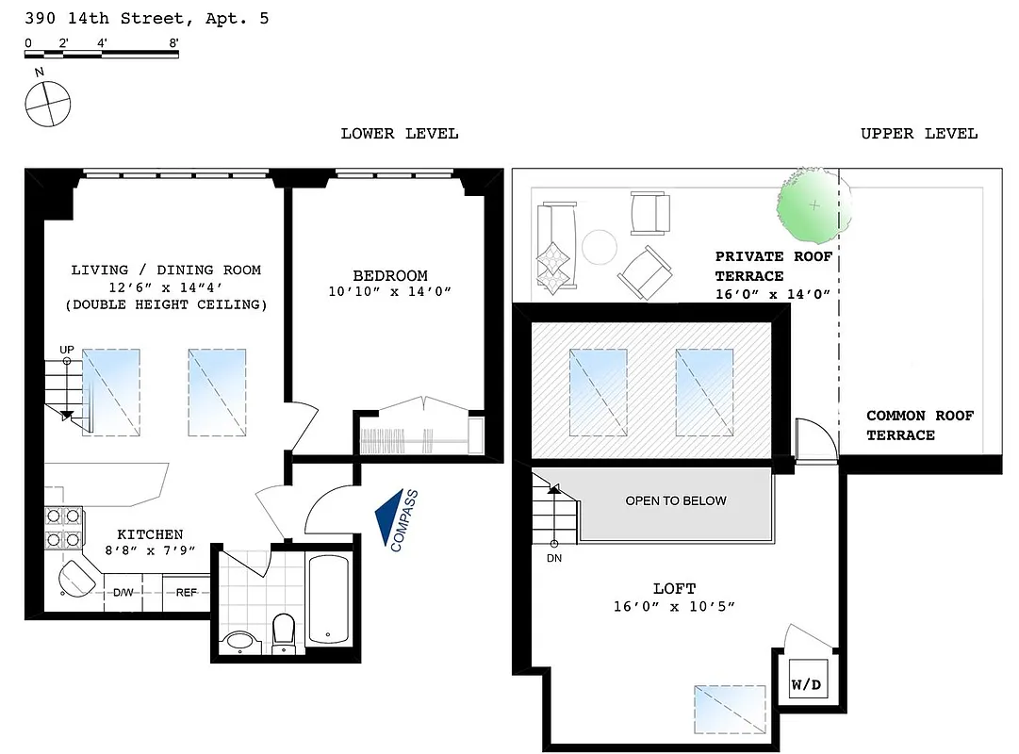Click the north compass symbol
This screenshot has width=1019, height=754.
(x=47, y=103)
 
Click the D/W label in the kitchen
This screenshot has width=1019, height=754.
(x=123, y=593)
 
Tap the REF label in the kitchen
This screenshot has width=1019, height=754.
(x=187, y=593)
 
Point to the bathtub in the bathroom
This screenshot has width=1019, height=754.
(x=328, y=599)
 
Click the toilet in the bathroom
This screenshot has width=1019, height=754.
(x=284, y=632)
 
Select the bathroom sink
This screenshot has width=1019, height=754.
(x=240, y=642)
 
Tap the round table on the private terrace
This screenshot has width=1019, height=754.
(x=600, y=248)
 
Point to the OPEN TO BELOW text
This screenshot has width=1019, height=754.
(x=676, y=500)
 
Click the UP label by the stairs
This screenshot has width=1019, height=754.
(x=67, y=350)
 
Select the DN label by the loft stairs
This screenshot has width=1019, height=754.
(x=554, y=557)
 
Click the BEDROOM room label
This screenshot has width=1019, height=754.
(x=389, y=276)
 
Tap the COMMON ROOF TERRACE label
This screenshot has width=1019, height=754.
(x=920, y=425)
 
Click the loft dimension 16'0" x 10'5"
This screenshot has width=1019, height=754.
(x=673, y=607)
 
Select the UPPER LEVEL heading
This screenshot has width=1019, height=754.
(x=919, y=134)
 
